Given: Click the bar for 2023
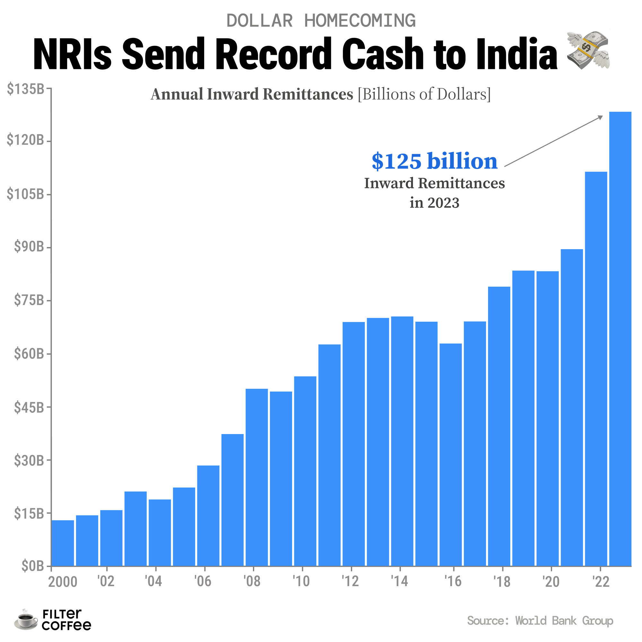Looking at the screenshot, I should click(x=620, y=339).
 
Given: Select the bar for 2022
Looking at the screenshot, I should click(x=596, y=369).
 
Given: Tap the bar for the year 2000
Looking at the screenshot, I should click(x=63, y=543).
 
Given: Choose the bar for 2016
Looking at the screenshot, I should click(x=451, y=455).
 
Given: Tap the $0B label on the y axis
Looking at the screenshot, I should click(x=32, y=566).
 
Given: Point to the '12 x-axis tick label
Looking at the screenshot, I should click(x=350, y=582).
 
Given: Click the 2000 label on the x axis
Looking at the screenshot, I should click(x=63, y=582).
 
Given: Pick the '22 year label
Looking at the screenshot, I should click(x=601, y=582).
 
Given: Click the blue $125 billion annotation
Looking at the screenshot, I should click(x=434, y=162).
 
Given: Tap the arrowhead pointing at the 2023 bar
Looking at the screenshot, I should click(x=601, y=117).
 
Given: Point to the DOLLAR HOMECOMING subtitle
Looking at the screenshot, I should click(x=321, y=21).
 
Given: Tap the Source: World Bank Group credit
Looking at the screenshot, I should click(x=540, y=620).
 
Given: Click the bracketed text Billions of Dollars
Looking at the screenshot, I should click(x=424, y=94).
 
